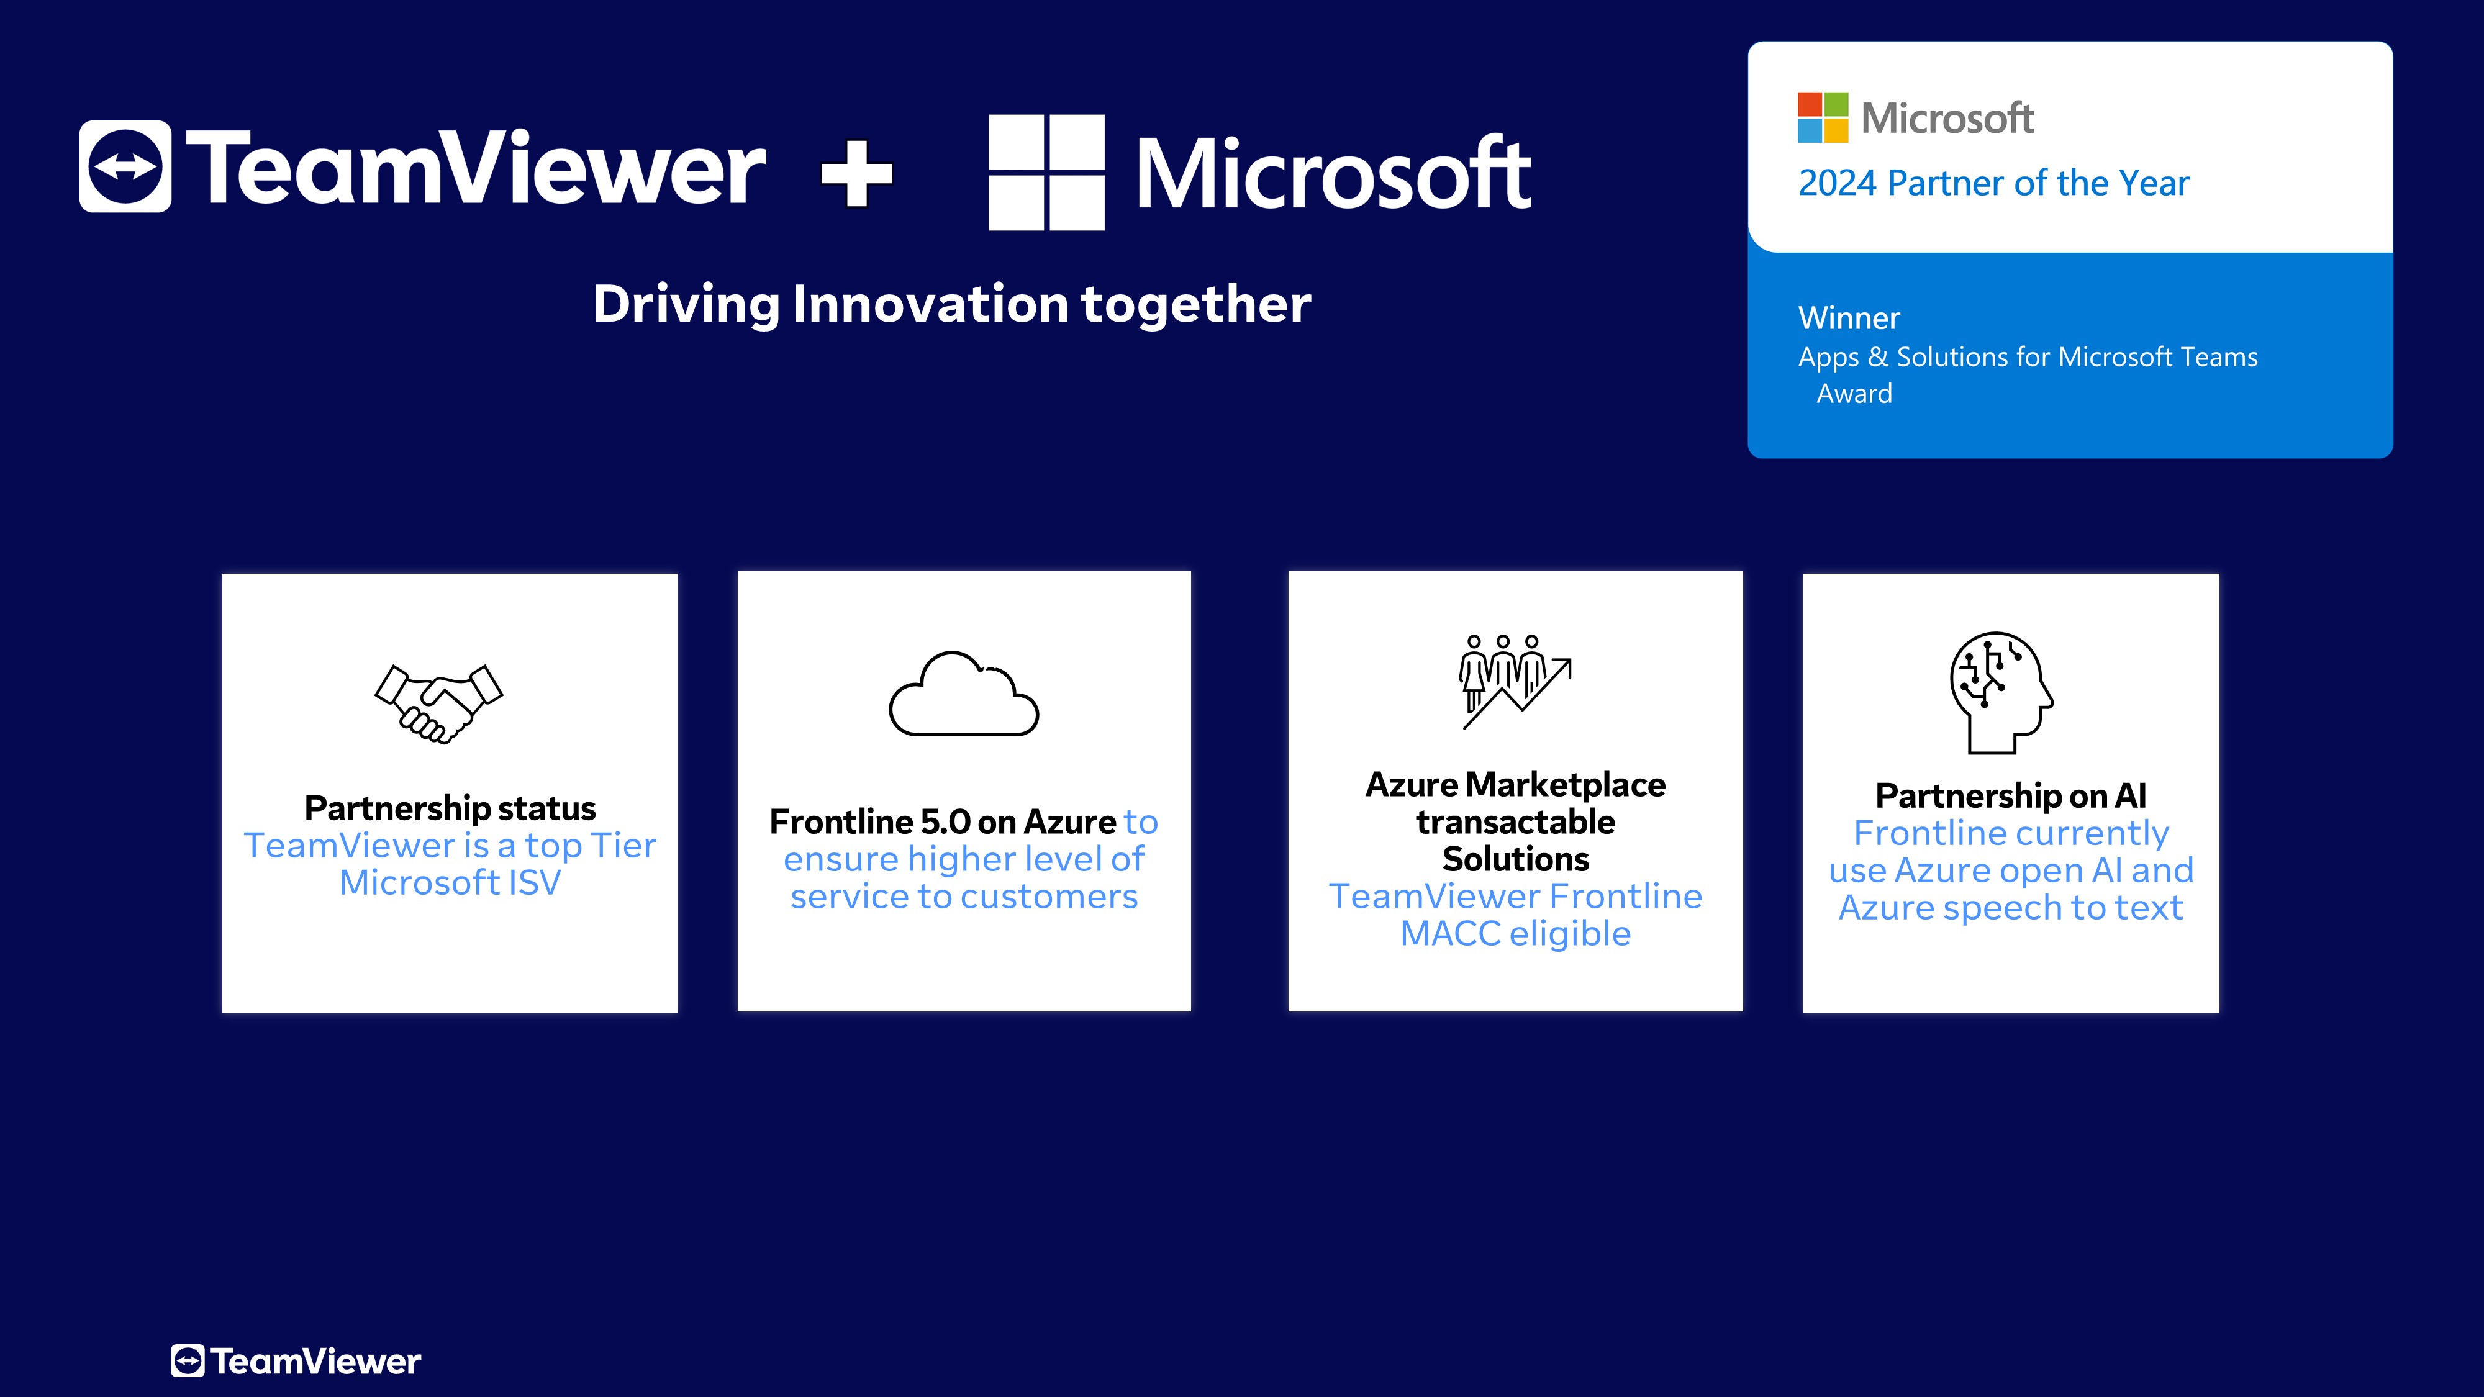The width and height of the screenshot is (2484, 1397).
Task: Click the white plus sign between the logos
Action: click(x=857, y=174)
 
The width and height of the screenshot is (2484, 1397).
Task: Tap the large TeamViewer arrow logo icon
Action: click(x=125, y=167)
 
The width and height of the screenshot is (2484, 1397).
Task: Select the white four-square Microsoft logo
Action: click(x=1046, y=173)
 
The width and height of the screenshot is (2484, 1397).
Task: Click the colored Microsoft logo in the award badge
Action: click(x=1823, y=117)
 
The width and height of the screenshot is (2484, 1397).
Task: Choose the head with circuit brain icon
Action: click(x=2001, y=692)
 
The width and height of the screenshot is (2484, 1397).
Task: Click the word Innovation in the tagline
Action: click(x=930, y=305)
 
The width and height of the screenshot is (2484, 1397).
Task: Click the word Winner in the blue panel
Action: click(x=1849, y=318)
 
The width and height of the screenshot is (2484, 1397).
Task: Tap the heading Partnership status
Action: click(x=450, y=808)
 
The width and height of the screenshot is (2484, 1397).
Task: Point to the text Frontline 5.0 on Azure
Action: click(x=942, y=823)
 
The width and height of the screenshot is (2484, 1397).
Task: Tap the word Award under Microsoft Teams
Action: click(x=1854, y=394)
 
